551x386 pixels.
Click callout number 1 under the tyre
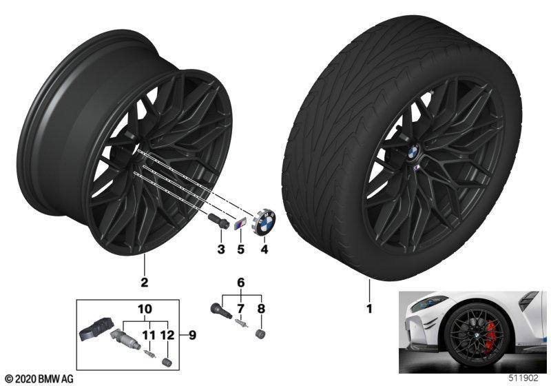pyautogui.click(x=369, y=309)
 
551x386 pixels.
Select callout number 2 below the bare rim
pyautogui.click(x=144, y=283)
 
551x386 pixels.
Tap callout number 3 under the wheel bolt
pyautogui.click(x=221, y=250)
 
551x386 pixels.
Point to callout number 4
pyautogui.click(x=264, y=250)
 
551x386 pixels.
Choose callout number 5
pyautogui.click(x=240, y=250)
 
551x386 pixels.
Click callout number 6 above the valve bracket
pyautogui.click(x=240, y=283)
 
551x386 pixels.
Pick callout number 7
pyautogui.click(x=240, y=309)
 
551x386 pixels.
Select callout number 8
pyautogui.click(x=261, y=309)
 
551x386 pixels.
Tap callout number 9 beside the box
pyautogui.click(x=192, y=336)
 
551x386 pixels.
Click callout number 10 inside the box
pyautogui.click(x=145, y=309)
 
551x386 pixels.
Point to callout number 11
pyautogui.click(x=149, y=336)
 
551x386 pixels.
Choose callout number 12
pyautogui.click(x=168, y=336)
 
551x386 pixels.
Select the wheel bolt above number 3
pyautogui.click(x=217, y=221)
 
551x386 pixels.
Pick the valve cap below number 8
pyautogui.click(x=260, y=334)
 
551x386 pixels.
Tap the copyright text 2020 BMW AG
pyautogui.click(x=39, y=379)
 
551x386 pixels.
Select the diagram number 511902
pyautogui.click(x=523, y=378)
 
